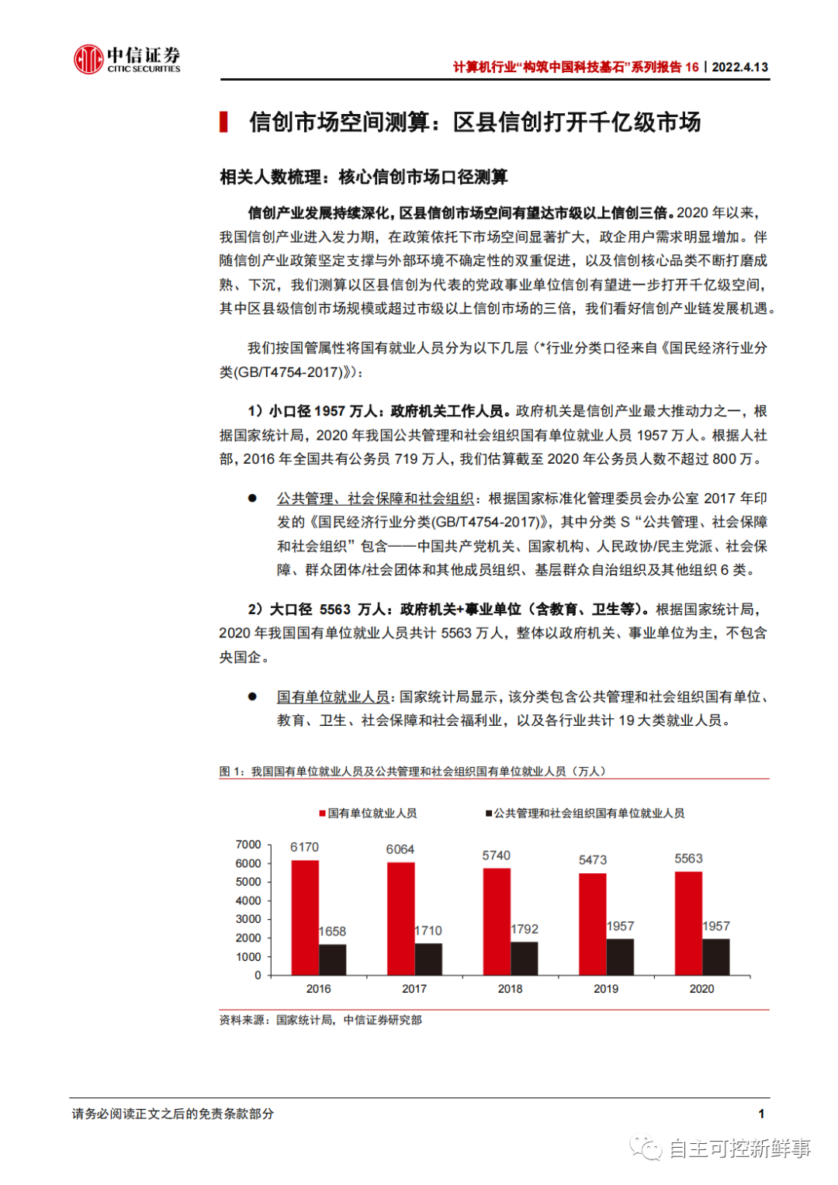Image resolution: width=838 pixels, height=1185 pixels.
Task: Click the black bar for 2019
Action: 620,956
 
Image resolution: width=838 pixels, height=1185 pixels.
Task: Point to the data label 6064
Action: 400,849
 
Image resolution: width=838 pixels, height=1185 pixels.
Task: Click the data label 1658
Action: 332,931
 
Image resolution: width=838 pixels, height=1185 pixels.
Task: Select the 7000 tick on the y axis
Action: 248,845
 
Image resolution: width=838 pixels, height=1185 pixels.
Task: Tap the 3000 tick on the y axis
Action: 248,919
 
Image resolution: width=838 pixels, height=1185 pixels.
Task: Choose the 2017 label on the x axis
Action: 414,989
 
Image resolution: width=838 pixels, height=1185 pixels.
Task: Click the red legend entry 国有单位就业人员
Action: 369,814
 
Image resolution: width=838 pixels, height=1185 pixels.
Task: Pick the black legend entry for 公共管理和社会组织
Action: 585,814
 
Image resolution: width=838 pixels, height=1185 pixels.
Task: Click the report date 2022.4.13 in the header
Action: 739,67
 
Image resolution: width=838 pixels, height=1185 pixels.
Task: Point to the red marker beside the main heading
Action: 224,122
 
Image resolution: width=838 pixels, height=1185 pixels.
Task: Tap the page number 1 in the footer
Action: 761,1114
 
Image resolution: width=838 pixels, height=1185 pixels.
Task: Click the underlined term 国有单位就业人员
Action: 333,697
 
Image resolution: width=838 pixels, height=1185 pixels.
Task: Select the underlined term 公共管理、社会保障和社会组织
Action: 376,499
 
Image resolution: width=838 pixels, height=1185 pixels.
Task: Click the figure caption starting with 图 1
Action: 412,771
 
